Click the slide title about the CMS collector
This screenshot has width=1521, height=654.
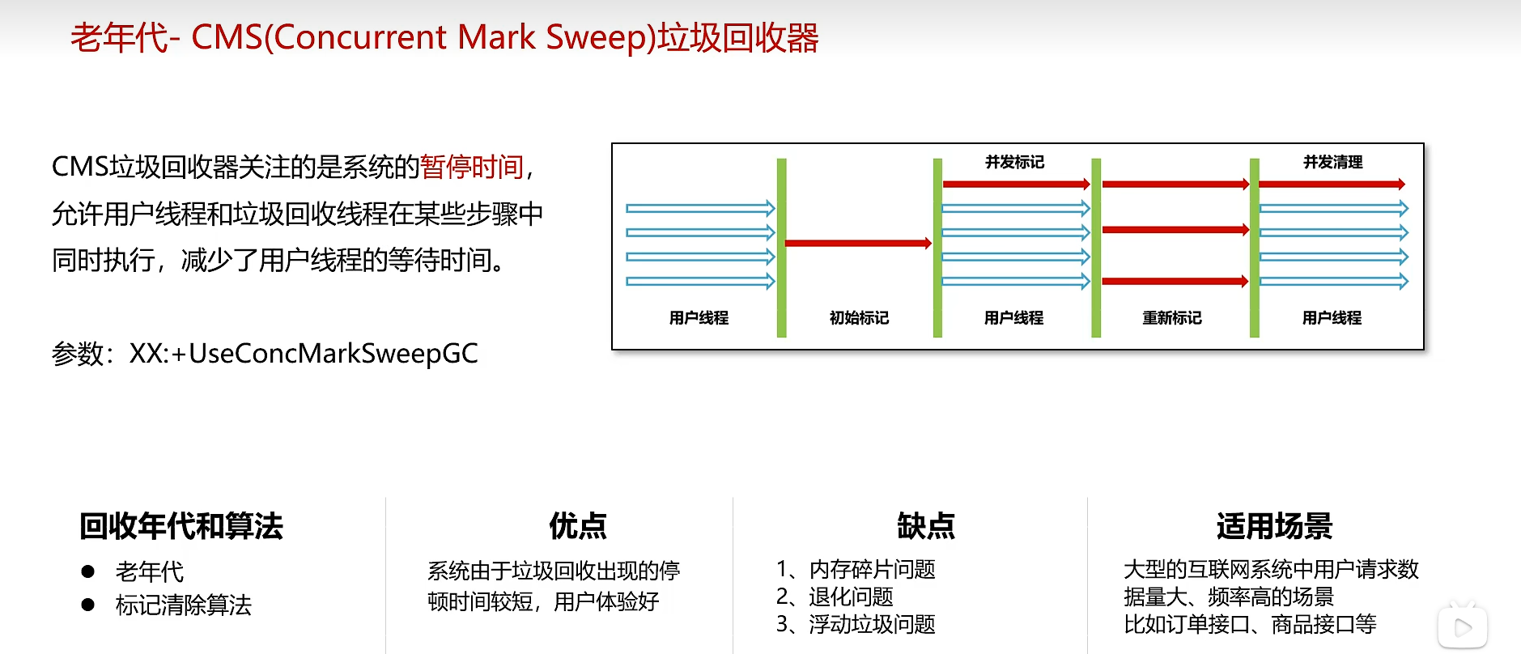coord(444,37)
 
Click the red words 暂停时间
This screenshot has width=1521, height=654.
coord(472,167)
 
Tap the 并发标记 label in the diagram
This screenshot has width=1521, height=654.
coord(1014,162)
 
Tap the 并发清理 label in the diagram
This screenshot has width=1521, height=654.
coord(1332,162)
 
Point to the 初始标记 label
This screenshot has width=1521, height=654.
coord(859,318)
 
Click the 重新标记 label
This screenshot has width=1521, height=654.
coord(1171,318)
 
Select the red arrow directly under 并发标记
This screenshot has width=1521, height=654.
coord(1016,185)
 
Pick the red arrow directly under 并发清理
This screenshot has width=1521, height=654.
coord(1332,185)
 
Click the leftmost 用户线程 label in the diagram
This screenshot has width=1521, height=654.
coord(699,318)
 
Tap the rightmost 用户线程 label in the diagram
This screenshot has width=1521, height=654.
coord(1332,318)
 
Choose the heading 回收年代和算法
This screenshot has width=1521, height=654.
coord(181,526)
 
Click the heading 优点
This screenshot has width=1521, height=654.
coord(578,526)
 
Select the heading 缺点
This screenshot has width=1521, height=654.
coord(926,526)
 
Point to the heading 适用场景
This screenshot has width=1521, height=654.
coord(1274,526)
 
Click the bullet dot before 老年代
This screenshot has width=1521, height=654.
coord(88,571)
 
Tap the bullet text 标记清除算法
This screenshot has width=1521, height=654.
coord(184,605)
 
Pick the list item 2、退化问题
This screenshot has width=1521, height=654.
coord(835,597)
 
